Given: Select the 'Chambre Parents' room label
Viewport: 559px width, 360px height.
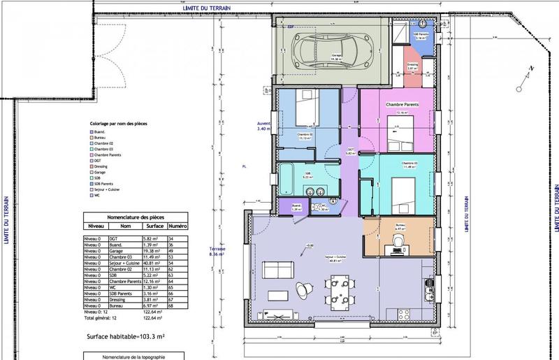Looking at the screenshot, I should click(x=400, y=103).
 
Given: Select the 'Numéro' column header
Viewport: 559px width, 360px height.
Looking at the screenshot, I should click(x=177, y=226).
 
